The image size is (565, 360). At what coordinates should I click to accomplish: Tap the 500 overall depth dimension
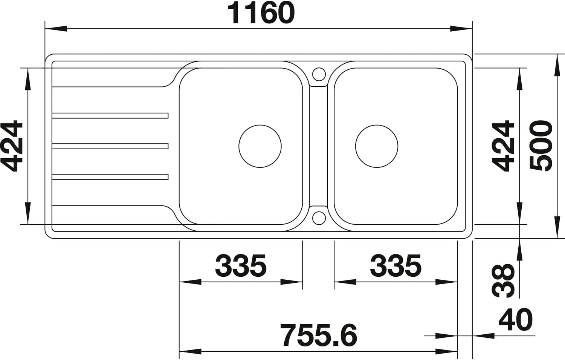(541, 146)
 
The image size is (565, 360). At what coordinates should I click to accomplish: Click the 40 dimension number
(516, 319)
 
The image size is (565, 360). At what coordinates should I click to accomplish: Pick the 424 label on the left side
(12, 146)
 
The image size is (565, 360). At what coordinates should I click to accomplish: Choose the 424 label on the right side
(503, 146)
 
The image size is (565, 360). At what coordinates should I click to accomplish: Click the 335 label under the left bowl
(241, 266)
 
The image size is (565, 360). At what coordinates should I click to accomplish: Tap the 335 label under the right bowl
(395, 266)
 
